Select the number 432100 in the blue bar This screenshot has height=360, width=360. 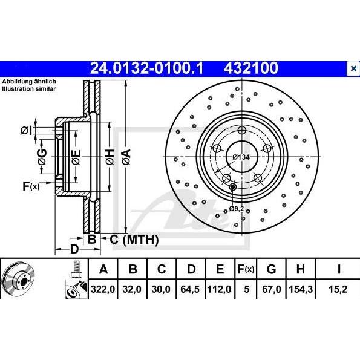[252, 68]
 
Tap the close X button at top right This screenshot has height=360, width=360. [353, 68]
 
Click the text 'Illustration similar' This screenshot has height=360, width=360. [28, 88]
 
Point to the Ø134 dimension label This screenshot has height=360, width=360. [241, 157]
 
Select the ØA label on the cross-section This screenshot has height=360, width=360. [126, 159]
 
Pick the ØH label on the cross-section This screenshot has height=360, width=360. [110, 159]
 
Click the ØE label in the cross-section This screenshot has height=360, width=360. [76, 159]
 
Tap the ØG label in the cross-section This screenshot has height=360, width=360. [42, 159]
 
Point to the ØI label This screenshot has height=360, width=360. [25, 129]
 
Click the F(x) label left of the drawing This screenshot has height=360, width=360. [31, 186]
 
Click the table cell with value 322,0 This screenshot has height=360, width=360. [103, 289]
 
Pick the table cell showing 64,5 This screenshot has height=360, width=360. [191, 289]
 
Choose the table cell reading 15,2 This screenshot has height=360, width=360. [340, 289]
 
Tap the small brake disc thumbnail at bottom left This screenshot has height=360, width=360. [18, 279]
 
